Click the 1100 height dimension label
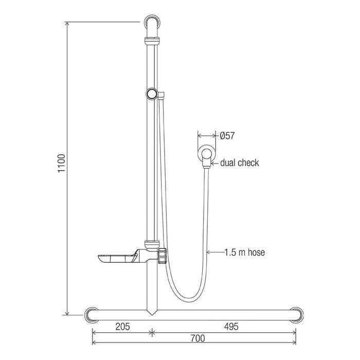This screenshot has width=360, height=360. (62, 163)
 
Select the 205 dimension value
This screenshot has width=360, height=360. (122, 326)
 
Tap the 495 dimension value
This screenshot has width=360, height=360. (231, 326)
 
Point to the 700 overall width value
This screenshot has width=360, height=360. (197, 338)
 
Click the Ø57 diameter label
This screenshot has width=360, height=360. (227, 136)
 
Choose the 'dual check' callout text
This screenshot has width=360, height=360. (240, 163)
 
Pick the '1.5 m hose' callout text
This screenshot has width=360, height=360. (245, 253)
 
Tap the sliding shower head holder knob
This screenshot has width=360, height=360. (152, 94)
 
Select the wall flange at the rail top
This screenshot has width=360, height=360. (152, 22)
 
